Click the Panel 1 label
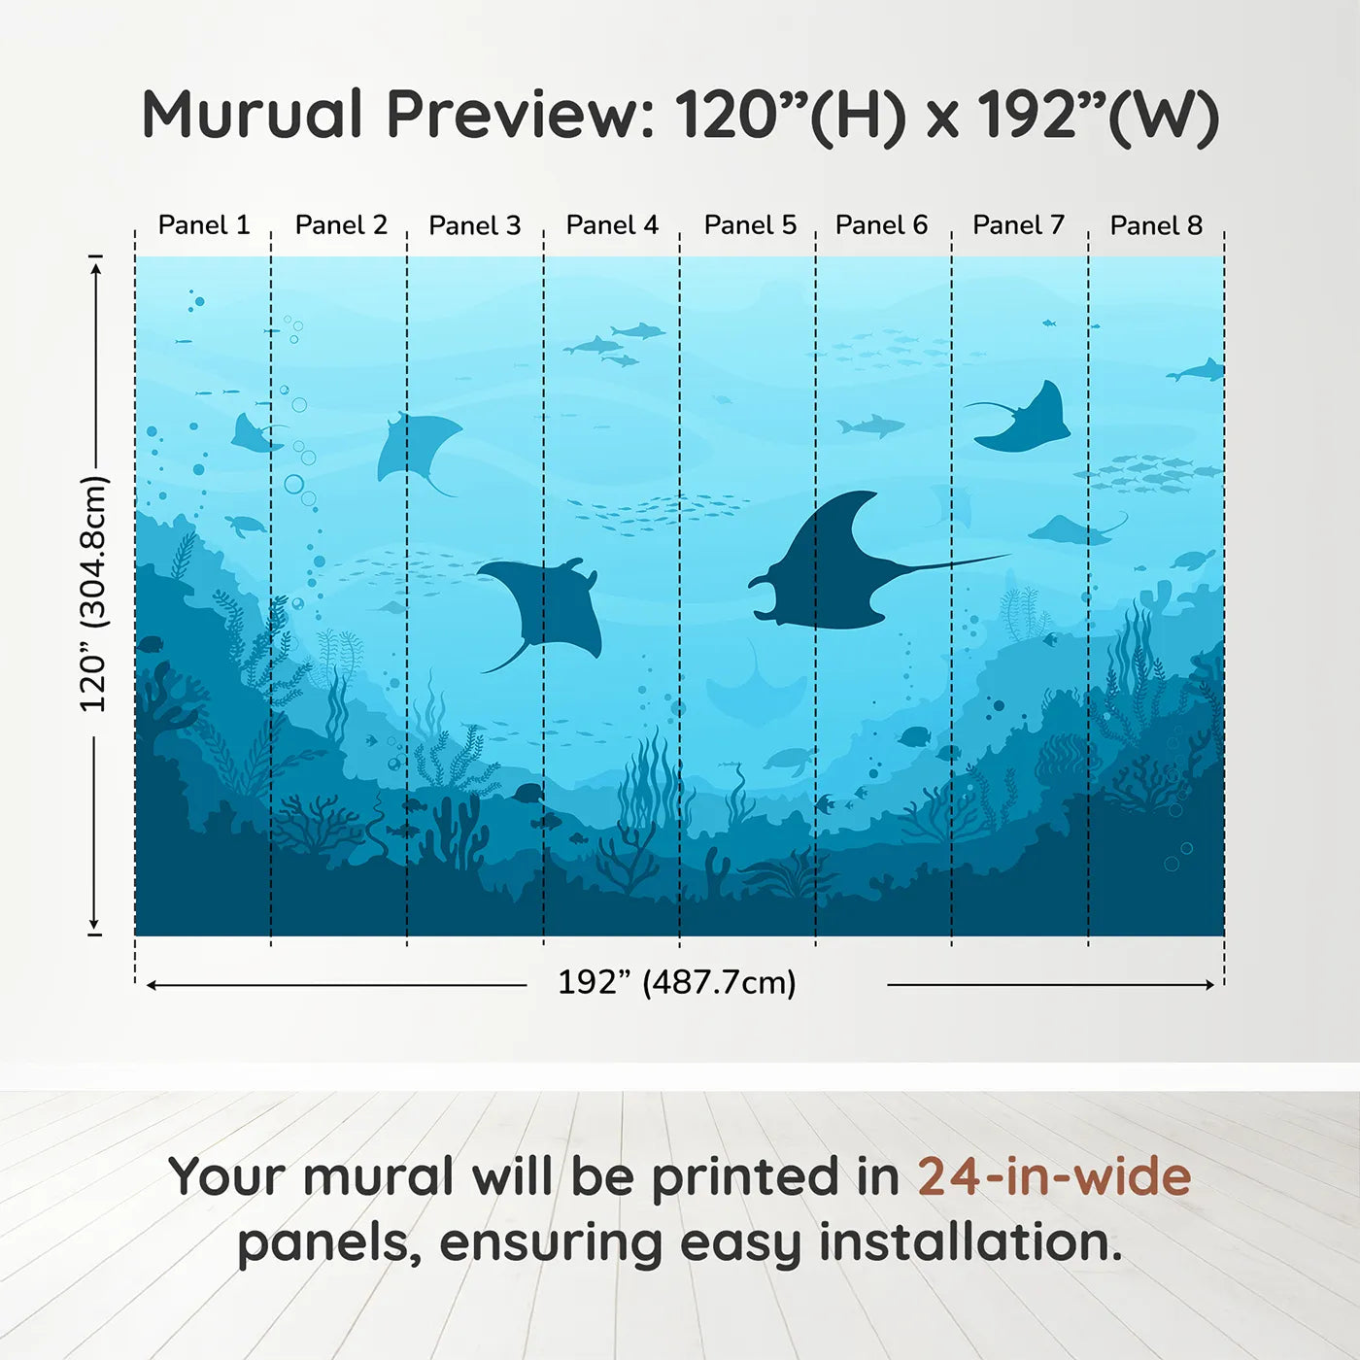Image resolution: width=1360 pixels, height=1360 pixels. coord(204,225)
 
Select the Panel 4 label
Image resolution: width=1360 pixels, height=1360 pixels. coord(612,225)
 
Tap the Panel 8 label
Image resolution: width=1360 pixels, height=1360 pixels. coord(1156,225)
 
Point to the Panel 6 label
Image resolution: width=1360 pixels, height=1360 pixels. coord(881,225)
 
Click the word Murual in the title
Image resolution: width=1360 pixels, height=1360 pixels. coord(253,115)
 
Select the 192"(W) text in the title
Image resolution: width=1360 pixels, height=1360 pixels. coord(1098,115)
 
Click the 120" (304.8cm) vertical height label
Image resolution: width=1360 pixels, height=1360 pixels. coord(93,595)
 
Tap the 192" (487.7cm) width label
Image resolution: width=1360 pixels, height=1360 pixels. coord(676,982)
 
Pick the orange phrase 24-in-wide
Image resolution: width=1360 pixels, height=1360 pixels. coord(1054,1176)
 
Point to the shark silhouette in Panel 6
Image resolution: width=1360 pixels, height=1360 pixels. coord(870,425)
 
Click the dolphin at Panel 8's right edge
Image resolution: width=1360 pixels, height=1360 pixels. coord(1198,371)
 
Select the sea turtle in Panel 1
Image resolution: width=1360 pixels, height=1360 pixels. coord(247,526)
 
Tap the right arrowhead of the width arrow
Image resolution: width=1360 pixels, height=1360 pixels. coord(1210,985)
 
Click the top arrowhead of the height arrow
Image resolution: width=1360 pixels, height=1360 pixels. coord(95,266)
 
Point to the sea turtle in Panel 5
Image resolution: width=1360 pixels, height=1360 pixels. coord(788,760)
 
